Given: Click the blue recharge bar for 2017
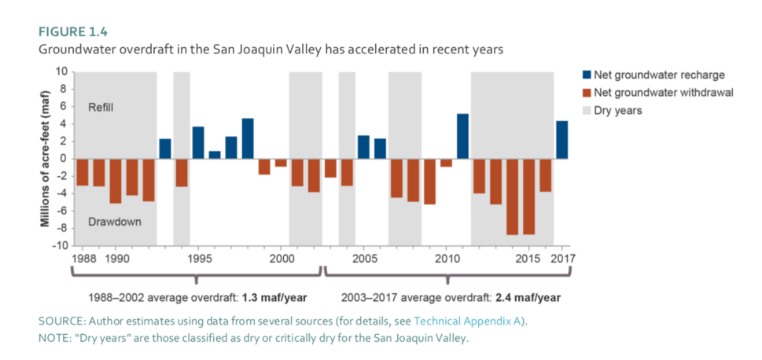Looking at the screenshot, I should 561,139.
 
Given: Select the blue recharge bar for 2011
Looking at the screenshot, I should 462,136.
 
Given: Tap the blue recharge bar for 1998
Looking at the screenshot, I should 248,138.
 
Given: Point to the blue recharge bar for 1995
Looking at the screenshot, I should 198,142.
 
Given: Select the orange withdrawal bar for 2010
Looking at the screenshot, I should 446,162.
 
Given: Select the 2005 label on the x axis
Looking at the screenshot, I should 363,259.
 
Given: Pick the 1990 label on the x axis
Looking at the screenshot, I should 116,259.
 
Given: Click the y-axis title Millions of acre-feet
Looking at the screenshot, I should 45,159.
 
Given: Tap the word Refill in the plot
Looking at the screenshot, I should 101,107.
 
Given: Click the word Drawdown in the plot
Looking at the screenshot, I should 115,222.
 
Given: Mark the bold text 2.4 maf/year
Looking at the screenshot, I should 526,299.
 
